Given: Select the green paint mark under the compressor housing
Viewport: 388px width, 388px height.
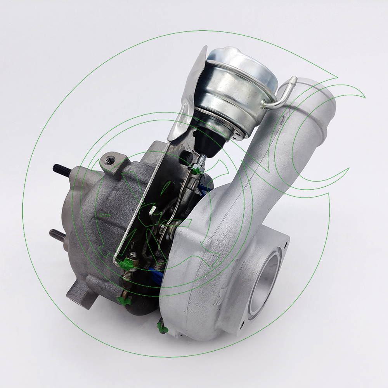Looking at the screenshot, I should coord(162,328).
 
